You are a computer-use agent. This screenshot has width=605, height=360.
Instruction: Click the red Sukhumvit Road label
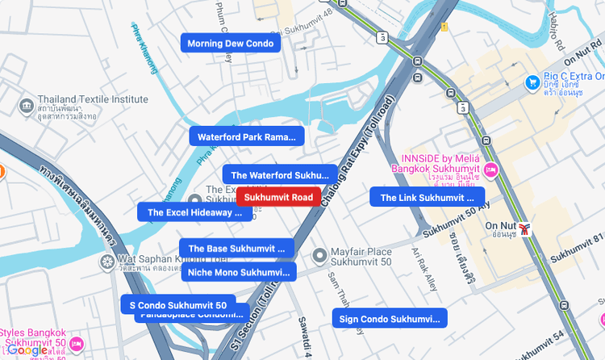click(278, 197)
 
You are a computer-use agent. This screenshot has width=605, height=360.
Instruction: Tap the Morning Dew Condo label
click(230, 43)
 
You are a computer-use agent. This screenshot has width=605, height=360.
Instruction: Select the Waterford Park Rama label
click(247, 137)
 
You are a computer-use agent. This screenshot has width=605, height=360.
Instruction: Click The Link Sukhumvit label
click(427, 197)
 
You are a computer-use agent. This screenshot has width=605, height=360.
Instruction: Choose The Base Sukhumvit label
click(236, 248)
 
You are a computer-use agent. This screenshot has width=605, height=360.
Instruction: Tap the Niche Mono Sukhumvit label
click(238, 272)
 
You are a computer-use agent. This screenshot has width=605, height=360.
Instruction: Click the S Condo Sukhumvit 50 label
click(178, 305)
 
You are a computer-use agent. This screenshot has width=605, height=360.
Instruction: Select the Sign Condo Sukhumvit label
click(389, 319)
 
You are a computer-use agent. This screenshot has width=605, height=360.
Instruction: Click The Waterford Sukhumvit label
click(280, 174)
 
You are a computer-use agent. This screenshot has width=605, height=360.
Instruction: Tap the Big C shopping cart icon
click(532, 82)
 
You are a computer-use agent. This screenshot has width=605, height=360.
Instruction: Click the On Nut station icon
click(526, 229)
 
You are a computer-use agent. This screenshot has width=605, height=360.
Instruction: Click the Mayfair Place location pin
click(319, 254)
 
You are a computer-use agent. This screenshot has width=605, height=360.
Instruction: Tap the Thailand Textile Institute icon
click(27, 106)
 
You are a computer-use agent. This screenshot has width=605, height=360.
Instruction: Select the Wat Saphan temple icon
click(107, 262)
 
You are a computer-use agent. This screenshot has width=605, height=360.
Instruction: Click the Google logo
click(27, 350)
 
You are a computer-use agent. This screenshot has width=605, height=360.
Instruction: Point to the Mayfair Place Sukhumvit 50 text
click(362, 257)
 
